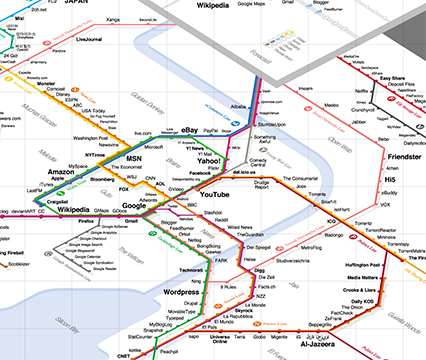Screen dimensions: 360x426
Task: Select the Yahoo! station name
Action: tap(209, 161)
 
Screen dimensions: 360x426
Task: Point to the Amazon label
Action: tap(61, 173)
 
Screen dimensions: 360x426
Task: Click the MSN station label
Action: tap(133, 159)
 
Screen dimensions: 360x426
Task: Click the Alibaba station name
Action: tap(237, 105)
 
